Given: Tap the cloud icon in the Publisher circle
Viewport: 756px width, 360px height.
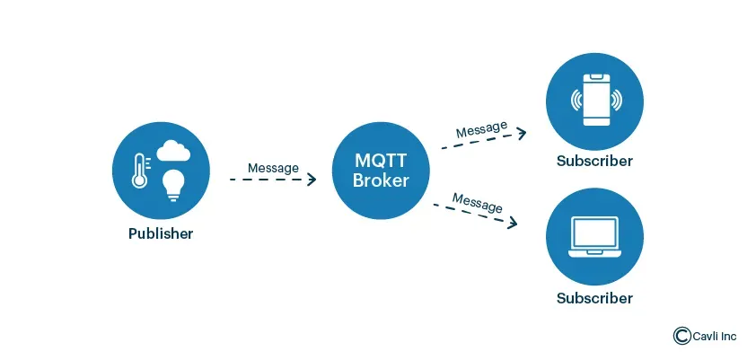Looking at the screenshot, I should [171, 151].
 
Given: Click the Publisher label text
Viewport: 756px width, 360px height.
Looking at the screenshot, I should [161, 234].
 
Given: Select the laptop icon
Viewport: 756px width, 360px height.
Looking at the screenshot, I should [594, 236].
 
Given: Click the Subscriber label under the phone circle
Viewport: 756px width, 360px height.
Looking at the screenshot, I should [594, 162].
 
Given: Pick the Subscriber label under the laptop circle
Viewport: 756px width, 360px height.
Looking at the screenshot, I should [594, 298].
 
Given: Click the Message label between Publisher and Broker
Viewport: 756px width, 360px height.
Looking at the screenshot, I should [273, 168].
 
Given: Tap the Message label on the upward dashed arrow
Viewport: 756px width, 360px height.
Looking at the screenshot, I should [481, 129].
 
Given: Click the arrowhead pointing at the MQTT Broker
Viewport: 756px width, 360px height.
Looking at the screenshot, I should [312, 180].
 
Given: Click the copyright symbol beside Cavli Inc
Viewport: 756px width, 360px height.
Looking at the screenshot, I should [681, 335].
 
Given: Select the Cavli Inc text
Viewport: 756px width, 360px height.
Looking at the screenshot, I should [714, 336].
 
